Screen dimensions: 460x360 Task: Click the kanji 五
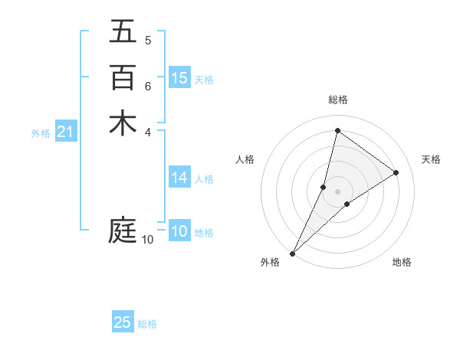pos(123,32)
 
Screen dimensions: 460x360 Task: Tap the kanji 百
pos(123,77)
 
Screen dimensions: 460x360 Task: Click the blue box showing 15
pos(179,78)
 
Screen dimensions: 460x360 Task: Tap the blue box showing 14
pos(179,178)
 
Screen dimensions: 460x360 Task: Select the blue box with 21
pos(65,133)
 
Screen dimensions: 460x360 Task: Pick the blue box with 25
pos(123,322)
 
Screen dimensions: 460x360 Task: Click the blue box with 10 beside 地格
pos(179,231)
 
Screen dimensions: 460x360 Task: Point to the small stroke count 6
pos(148,86)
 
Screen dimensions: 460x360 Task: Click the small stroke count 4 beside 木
pos(148,132)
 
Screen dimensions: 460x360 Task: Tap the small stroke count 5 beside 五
pos(148,40)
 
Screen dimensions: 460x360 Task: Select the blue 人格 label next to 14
pos(204,179)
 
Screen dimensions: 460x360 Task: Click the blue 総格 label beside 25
pos(147,324)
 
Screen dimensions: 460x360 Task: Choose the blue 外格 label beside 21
pos(41,133)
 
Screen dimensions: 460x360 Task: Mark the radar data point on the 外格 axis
pos(292,254)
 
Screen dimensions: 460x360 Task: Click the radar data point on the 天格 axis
pos(396,172)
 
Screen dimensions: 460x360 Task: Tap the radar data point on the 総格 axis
pos(337,130)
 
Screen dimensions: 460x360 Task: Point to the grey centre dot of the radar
pos(337,191)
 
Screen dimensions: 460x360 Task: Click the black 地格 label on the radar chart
pos(402,263)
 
